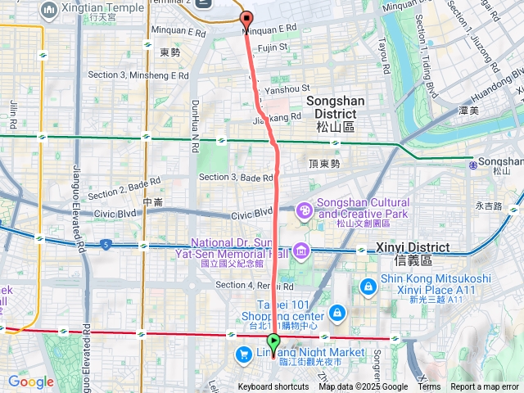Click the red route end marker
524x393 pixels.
coord(246,17)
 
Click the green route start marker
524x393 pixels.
coord(273,341)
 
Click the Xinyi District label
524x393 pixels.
coord(413,253)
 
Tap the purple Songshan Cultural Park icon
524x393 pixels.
coord(305,210)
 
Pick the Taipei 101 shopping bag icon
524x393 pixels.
coord(337,313)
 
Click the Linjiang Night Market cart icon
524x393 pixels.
coord(243,354)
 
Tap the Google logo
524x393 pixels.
coord(30,382)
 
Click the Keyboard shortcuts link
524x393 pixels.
coord(273,387)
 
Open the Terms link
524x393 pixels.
coord(429,387)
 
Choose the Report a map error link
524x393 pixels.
coord(486,387)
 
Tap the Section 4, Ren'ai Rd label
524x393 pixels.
coord(254,285)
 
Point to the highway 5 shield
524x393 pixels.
coord(106,244)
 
